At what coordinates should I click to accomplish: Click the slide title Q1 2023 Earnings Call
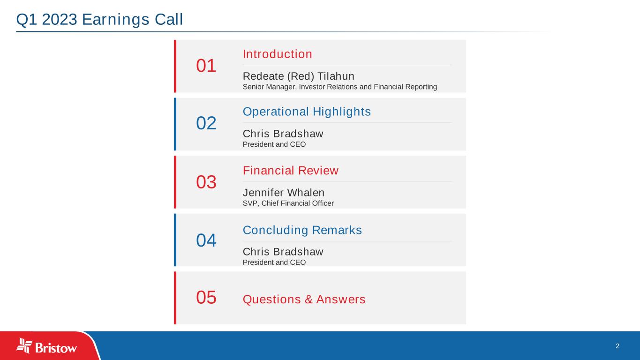coord(99,20)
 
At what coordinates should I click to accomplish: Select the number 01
coord(206,66)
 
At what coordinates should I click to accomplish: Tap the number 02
coord(206,123)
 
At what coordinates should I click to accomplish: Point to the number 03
coord(206,182)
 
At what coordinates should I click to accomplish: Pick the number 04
coord(206,240)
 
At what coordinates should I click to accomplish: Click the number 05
coord(206,298)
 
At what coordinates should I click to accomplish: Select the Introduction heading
coord(278,54)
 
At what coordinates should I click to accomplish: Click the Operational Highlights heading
coord(307,112)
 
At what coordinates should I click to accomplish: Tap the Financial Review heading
coord(290,171)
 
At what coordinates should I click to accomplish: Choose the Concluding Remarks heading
coord(302,230)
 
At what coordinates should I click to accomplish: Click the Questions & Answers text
coord(304,299)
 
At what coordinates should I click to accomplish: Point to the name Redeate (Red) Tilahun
coord(298,76)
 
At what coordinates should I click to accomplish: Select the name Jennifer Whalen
coord(283,193)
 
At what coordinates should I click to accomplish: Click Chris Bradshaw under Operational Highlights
coord(283,134)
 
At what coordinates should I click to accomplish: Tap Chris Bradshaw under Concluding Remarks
coord(283,252)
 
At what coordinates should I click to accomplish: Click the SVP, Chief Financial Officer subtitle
coord(288,203)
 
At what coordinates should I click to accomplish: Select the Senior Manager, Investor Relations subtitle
coord(339,87)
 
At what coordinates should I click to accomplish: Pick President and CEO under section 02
coord(274,144)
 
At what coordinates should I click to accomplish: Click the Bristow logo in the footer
coord(47,346)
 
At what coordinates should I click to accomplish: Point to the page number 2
coord(617,346)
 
